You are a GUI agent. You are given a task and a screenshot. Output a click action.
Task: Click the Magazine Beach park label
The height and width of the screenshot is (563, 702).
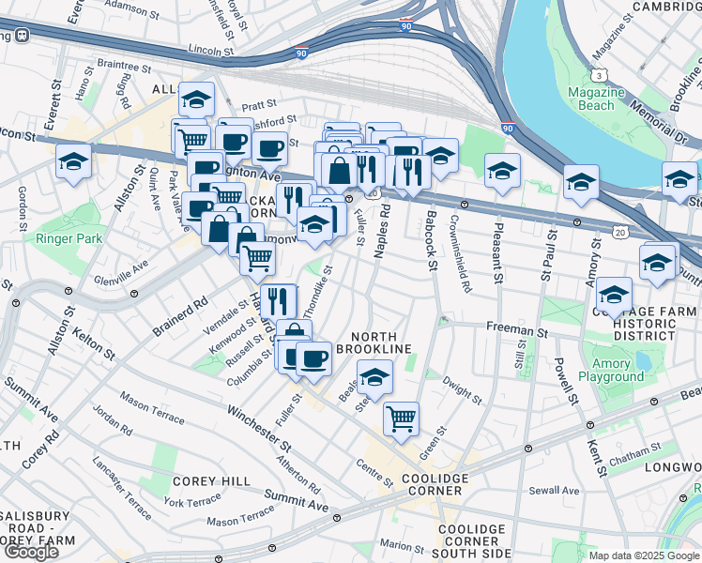pos(596,99)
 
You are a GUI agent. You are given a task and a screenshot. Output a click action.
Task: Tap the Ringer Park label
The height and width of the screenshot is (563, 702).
pos(69,239)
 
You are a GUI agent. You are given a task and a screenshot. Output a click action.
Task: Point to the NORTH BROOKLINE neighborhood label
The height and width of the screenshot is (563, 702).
pos(381,342)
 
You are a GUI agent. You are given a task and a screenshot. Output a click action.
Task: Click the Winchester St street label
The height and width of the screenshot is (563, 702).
pos(258,425)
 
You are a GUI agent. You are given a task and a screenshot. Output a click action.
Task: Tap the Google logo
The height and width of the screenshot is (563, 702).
pos(31,552)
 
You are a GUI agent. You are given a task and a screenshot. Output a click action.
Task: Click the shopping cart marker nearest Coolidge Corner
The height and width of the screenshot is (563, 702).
pos(401,418)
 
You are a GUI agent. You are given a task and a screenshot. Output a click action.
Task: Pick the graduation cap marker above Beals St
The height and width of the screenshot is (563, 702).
pos(374,377)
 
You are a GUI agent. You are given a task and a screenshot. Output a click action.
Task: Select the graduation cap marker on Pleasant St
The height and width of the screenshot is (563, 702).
pos(502,171)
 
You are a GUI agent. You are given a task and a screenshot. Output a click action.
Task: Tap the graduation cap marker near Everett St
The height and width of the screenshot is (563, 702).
pos(73,160)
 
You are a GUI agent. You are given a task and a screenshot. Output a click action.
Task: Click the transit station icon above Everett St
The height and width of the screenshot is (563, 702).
pos(21,35)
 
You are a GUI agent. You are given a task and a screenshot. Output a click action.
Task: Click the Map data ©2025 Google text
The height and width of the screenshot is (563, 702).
pos(645,555)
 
